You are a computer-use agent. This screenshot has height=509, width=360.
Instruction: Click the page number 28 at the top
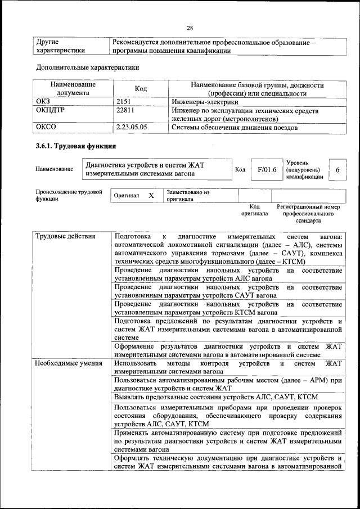tap(190, 28)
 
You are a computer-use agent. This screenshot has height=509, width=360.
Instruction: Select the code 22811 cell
tap(125, 110)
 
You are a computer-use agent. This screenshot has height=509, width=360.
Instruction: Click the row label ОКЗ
tap(43, 102)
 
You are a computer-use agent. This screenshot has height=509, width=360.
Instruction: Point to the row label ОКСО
tap(46, 127)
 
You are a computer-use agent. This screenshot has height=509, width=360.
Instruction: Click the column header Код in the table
tap(141, 89)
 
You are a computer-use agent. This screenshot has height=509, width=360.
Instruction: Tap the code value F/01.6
tap(267, 169)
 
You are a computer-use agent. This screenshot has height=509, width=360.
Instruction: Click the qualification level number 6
tap(337, 169)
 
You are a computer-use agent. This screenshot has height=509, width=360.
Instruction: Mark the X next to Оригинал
tap(151, 195)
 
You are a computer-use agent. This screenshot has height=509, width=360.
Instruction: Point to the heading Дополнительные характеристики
tap(87, 67)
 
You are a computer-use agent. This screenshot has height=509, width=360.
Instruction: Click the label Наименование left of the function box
tap(54, 169)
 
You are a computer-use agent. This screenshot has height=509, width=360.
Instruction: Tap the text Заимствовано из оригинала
tap(188, 195)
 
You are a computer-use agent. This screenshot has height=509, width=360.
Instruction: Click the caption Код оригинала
tap(254, 210)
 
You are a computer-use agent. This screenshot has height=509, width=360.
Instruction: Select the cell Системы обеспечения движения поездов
tap(235, 127)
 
